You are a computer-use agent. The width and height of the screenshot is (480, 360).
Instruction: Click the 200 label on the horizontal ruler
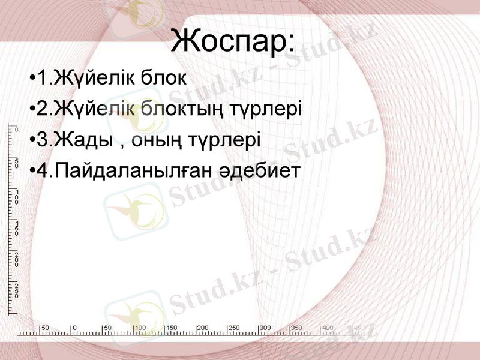point(203,328)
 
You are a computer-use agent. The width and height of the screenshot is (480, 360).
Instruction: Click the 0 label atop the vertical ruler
point(17,130)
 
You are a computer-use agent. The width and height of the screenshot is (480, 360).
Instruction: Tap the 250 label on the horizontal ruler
point(234,328)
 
